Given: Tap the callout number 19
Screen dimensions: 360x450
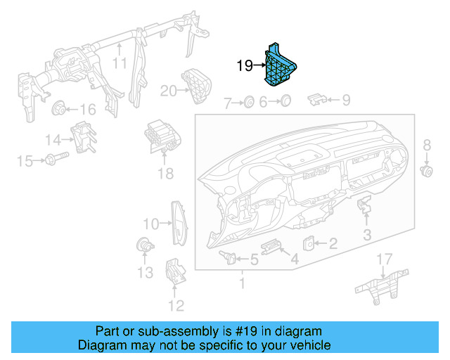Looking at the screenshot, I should [244, 66].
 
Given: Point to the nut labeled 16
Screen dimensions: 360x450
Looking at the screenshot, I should [59, 109].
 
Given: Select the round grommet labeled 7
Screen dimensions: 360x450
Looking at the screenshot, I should [248, 103].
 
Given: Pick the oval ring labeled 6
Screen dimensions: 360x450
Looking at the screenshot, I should [285, 103].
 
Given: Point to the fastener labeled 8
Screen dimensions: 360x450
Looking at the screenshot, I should [425, 171].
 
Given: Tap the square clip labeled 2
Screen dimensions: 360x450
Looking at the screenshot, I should [309, 243].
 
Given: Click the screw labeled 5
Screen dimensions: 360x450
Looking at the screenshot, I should [227, 255].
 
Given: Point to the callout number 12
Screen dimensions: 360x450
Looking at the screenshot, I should [176, 304].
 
